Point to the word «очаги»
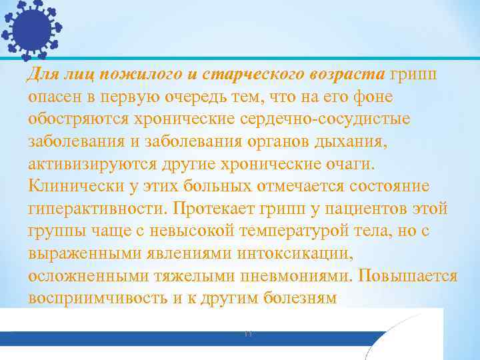pyautogui.click(x=357, y=164)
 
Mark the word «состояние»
pyautogui.click(x=386, y=186)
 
